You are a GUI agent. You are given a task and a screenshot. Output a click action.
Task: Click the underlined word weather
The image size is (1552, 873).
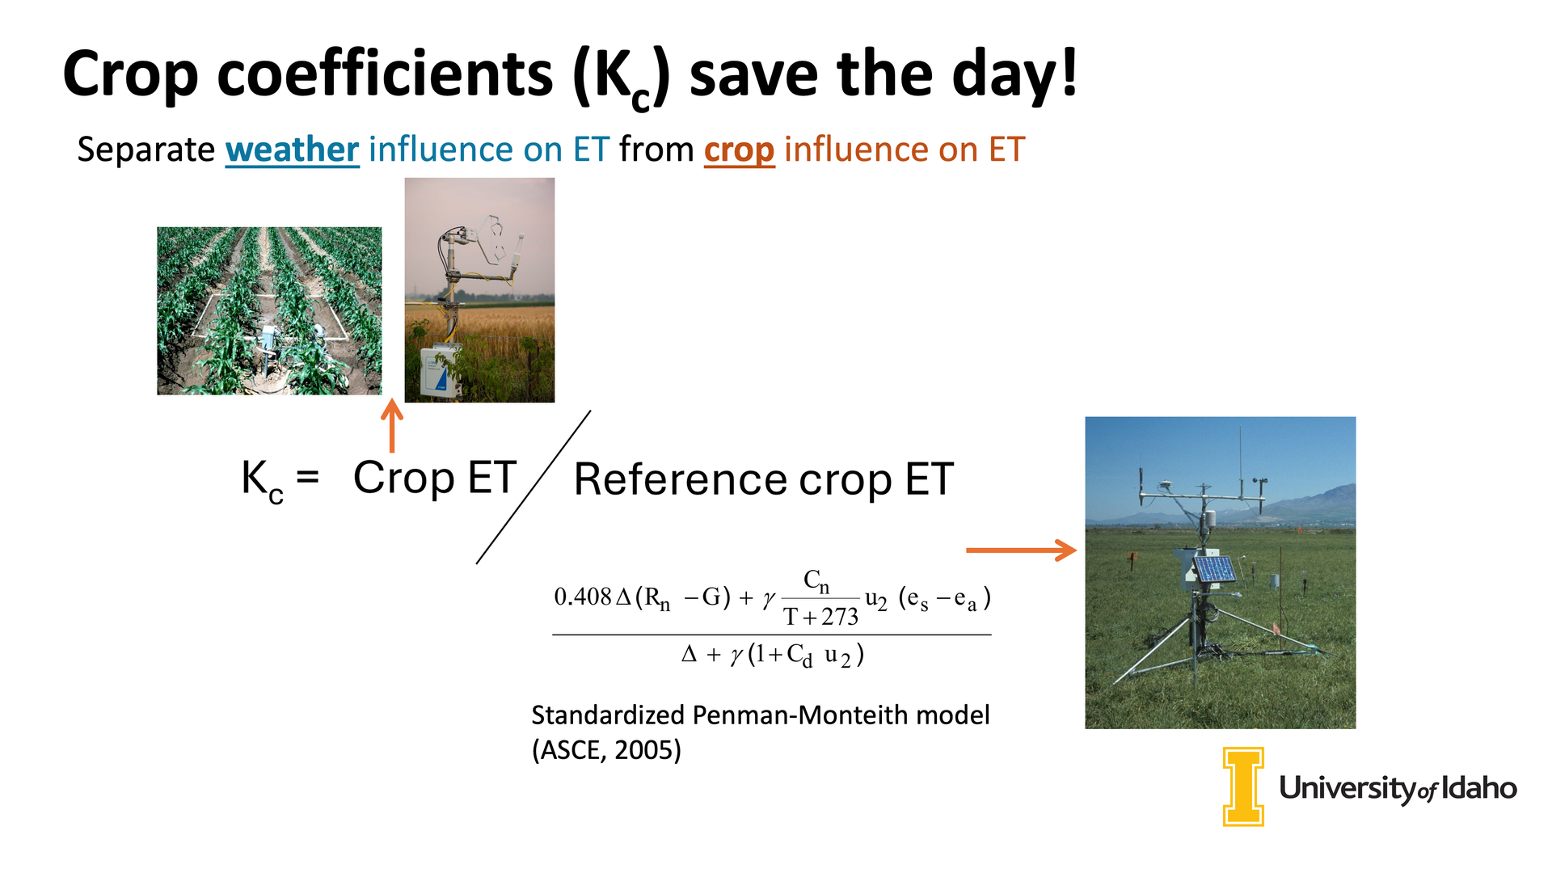point(292,150)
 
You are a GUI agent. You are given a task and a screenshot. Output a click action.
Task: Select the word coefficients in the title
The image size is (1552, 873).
point(385,74)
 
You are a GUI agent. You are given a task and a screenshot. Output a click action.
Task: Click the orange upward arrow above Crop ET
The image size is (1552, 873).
point(392,426)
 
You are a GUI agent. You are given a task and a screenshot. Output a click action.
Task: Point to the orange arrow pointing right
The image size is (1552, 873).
point(1022,550)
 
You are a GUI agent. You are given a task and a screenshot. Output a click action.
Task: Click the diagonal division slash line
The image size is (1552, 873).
point(533,487)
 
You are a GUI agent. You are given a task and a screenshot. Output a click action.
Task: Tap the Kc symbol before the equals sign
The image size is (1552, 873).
point(263,481)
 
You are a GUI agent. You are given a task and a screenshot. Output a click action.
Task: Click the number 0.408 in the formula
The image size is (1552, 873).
point(583,597)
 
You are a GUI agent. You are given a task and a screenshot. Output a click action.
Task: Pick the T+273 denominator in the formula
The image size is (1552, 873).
point(820,618)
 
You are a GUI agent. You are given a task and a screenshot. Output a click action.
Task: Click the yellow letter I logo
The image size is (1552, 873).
point(1243,787)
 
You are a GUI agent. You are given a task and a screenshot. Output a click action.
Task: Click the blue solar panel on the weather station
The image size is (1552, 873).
point(1216,569)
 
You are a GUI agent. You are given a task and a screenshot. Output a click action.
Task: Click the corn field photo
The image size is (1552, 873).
point(269,311)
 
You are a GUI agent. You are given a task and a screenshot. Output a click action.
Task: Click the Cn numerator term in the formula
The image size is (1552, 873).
point(816,581)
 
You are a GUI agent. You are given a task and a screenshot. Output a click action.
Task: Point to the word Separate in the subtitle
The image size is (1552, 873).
point(145,150)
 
